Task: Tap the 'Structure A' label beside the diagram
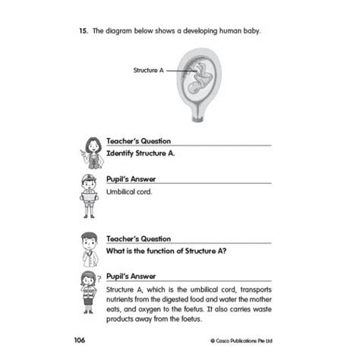(147, 70)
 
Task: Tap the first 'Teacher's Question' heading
(139, 141)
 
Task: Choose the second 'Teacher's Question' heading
(139, 238)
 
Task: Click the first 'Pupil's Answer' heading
(132, 181)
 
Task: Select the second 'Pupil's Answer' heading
(132, 278)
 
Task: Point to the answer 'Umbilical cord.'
(130, 192)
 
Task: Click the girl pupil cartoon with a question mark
(90, 287)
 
